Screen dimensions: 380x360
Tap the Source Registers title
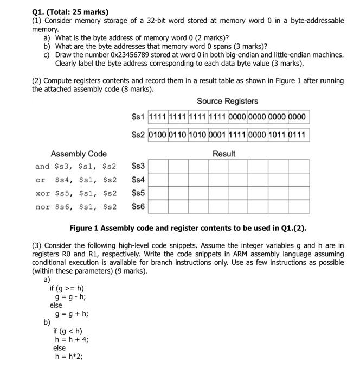(x=227, y=101)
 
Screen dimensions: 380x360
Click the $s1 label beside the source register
(x=138, y=117)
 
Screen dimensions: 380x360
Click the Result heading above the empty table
(x=224, y=154)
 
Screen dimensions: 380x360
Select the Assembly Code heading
(x=79, y=154)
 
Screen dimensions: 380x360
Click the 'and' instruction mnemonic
(x=42, y=166)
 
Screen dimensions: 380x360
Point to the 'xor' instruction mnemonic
(x=42, y=193)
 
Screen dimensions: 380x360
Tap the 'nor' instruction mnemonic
(x=42, y=206)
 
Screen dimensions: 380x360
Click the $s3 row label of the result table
(x=138, y=166)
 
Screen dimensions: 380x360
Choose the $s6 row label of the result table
(x=138, y=206)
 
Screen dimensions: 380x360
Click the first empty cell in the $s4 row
(x=158, y=179)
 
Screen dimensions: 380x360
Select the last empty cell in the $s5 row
(x=299, y=193)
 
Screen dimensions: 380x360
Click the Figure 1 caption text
(x=191, y=227)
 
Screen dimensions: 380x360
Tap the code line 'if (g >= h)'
(x=67, y=288)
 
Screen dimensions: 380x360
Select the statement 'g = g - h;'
(x=70, y=297)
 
